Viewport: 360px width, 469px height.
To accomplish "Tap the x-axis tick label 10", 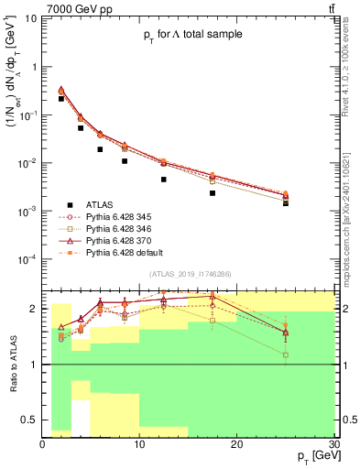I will point(139,443).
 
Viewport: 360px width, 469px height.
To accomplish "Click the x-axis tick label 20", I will point(236,443).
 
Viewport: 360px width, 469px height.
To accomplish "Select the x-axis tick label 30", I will point(333,443).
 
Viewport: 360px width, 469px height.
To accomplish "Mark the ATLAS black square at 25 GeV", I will point(285,202).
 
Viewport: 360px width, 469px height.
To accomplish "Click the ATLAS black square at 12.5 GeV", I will point(163,180).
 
